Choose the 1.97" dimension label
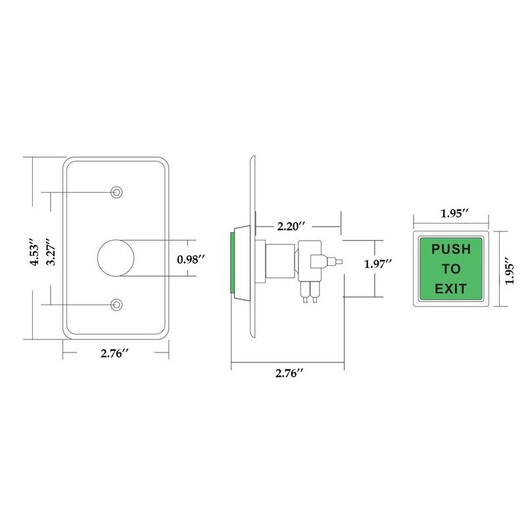tap(378, 264)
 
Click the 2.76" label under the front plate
tap(114, 354)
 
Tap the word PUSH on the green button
tap(450, 250)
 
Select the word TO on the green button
tap(450, 270)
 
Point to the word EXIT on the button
tap(450, 289)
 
